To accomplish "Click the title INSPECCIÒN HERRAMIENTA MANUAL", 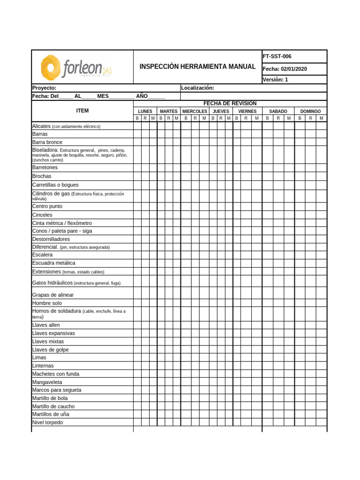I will [x=197, y=67].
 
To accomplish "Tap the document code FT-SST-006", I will [x=277, y=56].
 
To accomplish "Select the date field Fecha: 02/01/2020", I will [x=285, y=69].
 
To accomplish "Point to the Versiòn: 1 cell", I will [x=275, y=80].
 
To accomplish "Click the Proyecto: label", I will [x=44, y=88].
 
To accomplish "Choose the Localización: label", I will [x=197, y=88].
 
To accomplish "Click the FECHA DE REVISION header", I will [x=230, y=104].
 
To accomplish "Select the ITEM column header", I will [x=82, y=111].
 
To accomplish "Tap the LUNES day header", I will [x=145, y=112].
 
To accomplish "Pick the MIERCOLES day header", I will [x=195, y=112].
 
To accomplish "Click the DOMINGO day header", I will [x=310, y=112].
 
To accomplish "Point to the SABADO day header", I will [x=278, y=112].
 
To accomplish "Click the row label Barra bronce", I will [x=47, y=142].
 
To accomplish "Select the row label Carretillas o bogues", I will [x=55, y=185].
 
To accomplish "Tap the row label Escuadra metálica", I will [x=53, y=263].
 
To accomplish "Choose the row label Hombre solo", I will [x=47, y=303].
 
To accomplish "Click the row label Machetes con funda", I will [x=55, y=374].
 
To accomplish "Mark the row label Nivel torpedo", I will [x=47, y=422].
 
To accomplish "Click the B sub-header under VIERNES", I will [x=237, y=119].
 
